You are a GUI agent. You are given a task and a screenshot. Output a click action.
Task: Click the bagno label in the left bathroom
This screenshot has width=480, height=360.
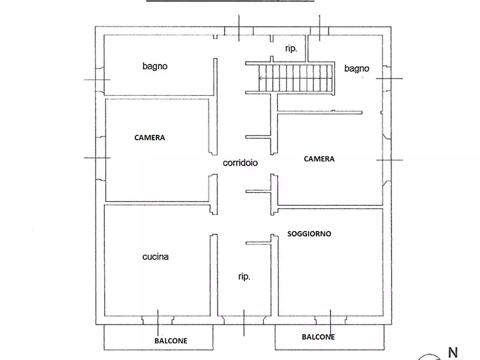[155, 67]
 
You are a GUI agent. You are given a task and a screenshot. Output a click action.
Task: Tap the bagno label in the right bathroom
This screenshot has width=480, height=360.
[357, 68]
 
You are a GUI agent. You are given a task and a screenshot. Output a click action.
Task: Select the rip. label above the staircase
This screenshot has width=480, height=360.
[291, 48]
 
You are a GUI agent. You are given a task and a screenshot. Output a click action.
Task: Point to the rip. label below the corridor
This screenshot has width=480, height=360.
[244, 277]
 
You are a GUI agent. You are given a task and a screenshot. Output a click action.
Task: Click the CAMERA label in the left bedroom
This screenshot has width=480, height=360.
[149, 138]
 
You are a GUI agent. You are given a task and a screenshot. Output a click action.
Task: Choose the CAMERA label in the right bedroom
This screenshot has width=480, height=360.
[319, 159]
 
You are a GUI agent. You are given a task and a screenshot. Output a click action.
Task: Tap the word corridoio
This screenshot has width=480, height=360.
[240, 163]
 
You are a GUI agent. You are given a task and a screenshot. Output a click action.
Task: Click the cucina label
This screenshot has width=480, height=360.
[155, 257]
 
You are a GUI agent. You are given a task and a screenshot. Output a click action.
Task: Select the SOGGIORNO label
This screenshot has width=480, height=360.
[309, 234]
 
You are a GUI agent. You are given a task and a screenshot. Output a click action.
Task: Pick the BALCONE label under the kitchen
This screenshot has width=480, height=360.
[171, 341]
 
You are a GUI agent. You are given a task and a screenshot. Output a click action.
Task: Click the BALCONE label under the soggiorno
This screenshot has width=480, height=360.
[318, 337]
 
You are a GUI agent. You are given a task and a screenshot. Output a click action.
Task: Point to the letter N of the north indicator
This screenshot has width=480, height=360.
[453, 353]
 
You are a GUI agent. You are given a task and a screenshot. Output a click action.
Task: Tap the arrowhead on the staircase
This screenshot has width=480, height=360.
[261, 78]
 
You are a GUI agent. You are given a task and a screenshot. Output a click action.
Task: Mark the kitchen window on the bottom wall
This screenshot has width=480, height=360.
[157, 320]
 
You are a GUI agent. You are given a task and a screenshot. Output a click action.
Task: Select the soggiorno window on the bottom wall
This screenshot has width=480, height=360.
[331, 320]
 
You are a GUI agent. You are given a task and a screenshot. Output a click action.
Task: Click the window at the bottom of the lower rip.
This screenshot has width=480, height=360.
[243, 320]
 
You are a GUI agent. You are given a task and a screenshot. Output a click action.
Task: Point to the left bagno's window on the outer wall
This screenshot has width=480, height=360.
[99, 80]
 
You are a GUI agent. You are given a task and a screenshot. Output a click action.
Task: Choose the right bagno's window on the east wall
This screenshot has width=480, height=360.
[386, 78]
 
